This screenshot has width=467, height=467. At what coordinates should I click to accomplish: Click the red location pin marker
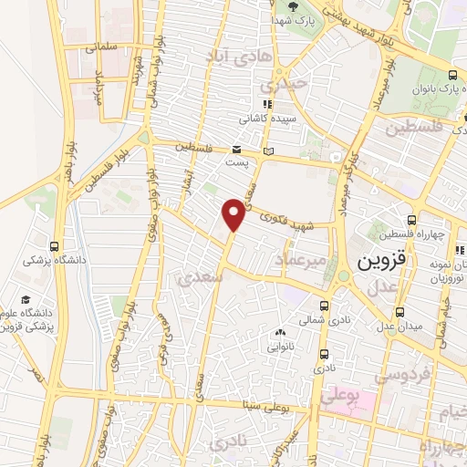234,213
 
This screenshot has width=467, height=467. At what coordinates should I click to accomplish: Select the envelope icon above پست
236,150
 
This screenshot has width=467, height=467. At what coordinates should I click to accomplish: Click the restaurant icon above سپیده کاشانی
266,104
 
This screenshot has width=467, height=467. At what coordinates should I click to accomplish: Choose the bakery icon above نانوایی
280,332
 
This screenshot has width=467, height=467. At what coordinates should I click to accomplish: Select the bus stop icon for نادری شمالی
326,306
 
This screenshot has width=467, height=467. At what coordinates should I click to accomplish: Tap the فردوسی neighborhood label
399,376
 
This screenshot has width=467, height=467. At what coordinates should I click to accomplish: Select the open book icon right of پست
266,151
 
